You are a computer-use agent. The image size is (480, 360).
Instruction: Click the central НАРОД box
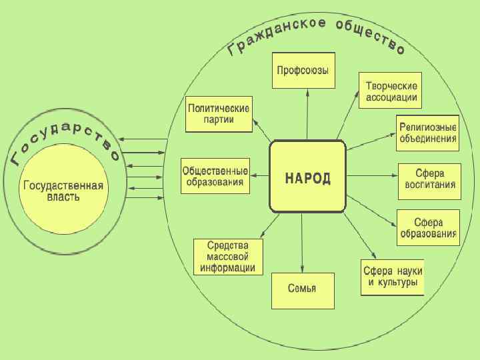pyautogui.click(x=307, y=177)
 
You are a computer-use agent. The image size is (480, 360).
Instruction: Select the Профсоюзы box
pyautogui.click(x=303, y=71)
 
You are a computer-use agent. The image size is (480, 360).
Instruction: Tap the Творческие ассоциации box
pyautogui.click(x=392, y=92)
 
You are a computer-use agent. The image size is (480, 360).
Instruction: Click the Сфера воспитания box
pyautogui.click(x=429, y=180)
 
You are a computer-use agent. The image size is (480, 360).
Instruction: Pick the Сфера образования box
pyautogui.click(x=428, y=227)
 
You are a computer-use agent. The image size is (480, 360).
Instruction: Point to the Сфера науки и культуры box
pyautogui.click(x=393, y=277)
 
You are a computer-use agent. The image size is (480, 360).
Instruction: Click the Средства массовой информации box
pyautogui.click(x=228, y=257)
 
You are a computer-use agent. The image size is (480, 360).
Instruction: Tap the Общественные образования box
pyautogui.click(x=215, y=176)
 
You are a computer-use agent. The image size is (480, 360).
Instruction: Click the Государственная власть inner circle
pyautogui.click(x=63, y=191)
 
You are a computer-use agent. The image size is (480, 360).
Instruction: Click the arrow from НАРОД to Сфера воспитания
pyautogui.click(x=372, y=177)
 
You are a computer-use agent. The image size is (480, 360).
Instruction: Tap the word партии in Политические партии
pyautogui.click(x=219, y=121)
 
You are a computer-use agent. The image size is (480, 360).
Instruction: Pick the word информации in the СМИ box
pyautogui.click(x=228, y=269)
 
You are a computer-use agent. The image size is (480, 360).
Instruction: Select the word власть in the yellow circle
pyautogui.click(x=63, y=197)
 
